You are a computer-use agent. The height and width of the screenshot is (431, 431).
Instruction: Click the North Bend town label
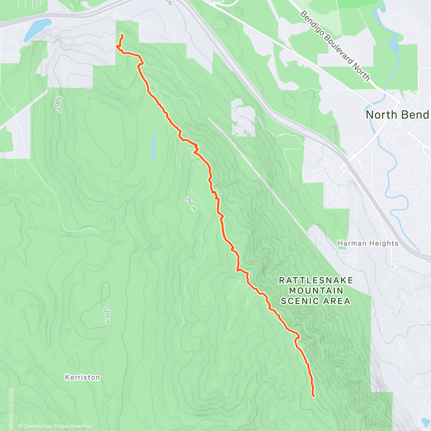(397, 115)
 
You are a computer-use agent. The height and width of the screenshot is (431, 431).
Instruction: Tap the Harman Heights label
(368, 243)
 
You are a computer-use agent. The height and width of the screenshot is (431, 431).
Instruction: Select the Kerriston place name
(82, 377)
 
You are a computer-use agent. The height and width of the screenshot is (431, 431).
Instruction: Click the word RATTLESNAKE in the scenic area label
(316, 280)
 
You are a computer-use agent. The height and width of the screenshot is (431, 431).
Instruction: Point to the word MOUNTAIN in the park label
(316, 290)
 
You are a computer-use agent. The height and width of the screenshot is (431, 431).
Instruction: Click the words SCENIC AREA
(315, 301)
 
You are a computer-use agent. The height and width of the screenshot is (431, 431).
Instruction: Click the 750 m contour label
(191, 204)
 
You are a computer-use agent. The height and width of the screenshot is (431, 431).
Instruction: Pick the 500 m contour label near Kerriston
(106, 315)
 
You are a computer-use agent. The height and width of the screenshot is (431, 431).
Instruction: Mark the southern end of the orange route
(314, 396)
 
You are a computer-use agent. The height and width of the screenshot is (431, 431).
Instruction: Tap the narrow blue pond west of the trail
(153, 147)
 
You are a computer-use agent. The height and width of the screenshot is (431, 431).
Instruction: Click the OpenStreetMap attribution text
(75, 426)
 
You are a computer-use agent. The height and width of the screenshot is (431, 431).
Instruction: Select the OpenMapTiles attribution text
(38, 426)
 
